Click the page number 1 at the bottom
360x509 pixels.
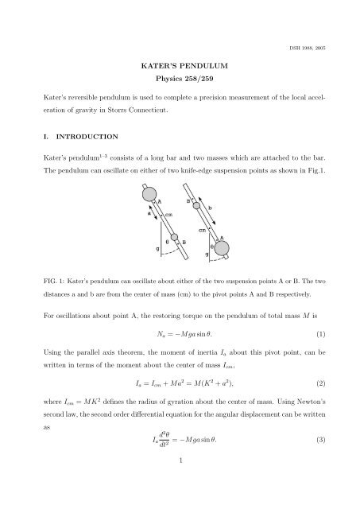point(180,481)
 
